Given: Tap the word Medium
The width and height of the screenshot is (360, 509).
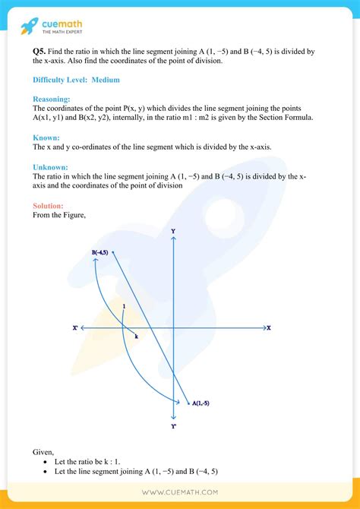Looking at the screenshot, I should [106, 80].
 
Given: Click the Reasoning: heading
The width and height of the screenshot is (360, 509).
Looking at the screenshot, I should [52, 99].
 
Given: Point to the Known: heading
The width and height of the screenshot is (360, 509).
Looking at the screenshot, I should [47, 137].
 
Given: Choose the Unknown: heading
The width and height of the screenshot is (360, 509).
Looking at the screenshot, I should [51, 166].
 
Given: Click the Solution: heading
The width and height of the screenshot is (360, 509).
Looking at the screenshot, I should [49, 206].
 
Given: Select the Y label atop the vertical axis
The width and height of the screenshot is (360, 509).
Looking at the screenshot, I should [173, 231].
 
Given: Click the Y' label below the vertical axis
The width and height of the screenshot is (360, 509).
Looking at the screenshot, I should [174, 426].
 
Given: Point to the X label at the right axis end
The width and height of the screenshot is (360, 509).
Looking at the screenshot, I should [269, 328].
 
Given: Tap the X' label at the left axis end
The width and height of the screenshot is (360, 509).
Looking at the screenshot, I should [75, 328].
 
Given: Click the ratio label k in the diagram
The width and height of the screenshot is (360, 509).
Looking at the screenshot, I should [136, 337].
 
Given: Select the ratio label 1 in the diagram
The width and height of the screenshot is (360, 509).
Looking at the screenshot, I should [123, 306].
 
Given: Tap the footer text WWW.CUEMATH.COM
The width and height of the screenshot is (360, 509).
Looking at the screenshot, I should [180, 493].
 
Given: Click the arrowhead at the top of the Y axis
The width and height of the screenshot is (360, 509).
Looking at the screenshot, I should [174, 240].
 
